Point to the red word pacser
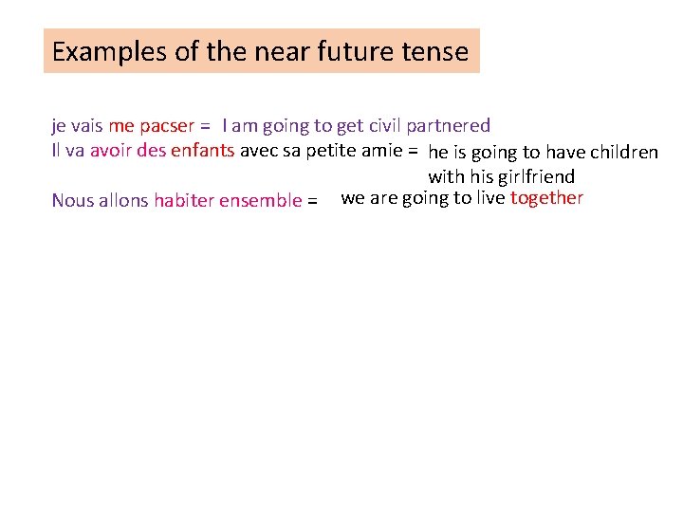click(166, 125)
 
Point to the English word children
click(624, 153)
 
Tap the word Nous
click(72, 200)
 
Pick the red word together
click(546, 198)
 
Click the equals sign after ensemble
click(312, 201)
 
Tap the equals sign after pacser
click(205, 126)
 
